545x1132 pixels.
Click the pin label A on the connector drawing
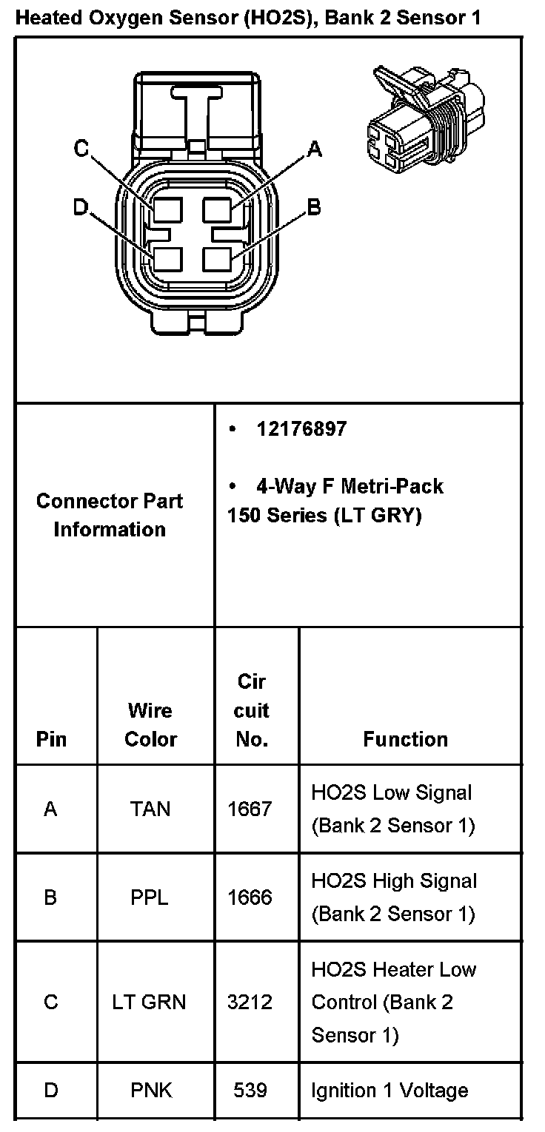click(315, 149)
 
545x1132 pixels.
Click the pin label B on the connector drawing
click(314, 206)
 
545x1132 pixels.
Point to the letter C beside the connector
click(81, 149)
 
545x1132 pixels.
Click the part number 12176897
click(301, 429)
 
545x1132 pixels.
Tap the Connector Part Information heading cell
click(110, 515)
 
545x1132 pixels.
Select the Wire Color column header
click(150, 725)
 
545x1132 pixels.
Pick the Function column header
click(405, 739)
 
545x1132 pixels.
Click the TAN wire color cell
click(150, 809)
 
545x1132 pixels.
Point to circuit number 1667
click(250, 809)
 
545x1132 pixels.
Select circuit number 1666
click(250, 897)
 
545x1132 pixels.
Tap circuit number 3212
click(250, 1003)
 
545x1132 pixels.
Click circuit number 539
click(250, 1090)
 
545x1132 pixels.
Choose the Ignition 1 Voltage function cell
click(389, 1091)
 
